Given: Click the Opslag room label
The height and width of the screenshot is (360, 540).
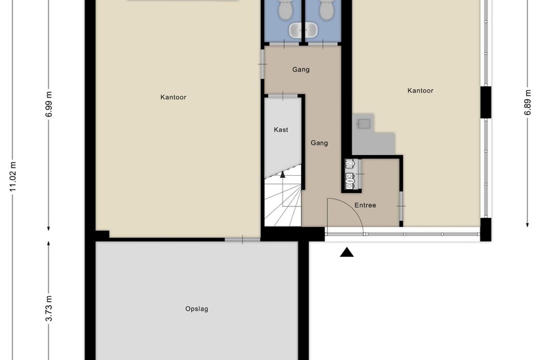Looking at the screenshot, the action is click(197, 309).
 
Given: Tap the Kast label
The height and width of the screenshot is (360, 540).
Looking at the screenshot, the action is click(281, 129).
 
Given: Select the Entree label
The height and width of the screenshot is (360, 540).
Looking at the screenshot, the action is click(365, 205).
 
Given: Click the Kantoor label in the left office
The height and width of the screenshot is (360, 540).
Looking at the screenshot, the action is click(173, 97).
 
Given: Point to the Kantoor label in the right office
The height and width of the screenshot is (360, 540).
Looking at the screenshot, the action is click(420, 91).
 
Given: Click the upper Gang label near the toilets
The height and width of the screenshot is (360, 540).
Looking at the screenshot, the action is click(300, 70).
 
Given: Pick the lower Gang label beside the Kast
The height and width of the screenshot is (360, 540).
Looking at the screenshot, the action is click(319, 143).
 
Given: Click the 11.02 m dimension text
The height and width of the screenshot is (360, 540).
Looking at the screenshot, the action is click(12, 177).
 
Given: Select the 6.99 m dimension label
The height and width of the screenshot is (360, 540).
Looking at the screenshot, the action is click(48, 104).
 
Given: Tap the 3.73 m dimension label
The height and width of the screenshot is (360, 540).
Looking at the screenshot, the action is click(48, 308).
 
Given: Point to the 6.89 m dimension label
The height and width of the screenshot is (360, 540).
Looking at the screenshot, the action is click(528, 102).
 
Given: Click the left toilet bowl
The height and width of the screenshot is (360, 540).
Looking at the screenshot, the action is click(285, 9).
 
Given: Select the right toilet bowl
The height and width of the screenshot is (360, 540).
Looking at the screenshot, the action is click(326, 9).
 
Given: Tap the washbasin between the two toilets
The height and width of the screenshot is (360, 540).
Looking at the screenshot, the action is click(303, 30).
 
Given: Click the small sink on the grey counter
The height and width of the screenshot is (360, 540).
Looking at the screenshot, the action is click(363, 123).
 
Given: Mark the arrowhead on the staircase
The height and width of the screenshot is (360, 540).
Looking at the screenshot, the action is click(282, 174).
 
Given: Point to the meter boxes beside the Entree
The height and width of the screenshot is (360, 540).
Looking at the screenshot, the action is click(350, 174).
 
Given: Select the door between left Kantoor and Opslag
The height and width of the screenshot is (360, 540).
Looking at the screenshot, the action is click(242, 239).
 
